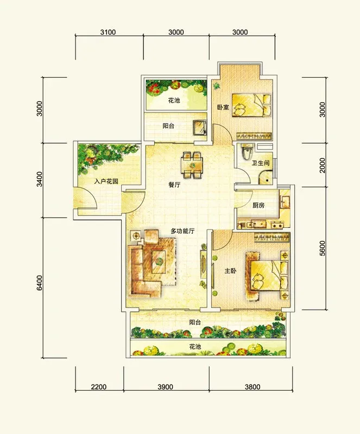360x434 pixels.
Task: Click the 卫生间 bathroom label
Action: [261, 163]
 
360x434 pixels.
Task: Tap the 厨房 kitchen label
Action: [258, 206]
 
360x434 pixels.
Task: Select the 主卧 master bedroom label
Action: [230, 271]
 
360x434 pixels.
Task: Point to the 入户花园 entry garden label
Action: [106, 182]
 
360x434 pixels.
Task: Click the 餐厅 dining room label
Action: [174, 184]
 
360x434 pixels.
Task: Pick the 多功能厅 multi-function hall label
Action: [182, 231]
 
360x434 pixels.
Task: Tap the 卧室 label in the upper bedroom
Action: [223, 107]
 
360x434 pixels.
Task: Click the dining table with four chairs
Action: [192, 165]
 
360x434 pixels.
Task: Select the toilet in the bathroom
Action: [247, 152]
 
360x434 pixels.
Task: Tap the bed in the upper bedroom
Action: [251, 105]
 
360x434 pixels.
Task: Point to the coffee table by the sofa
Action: [159, 261]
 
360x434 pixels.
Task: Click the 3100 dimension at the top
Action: [108, 32]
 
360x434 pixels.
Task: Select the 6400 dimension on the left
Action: [40, 283]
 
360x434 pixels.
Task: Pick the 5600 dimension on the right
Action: [322, 248]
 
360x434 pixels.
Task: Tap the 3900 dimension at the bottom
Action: [165, 387]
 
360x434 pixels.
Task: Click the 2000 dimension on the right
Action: [322, 165]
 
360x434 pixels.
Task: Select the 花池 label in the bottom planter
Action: [195, 347]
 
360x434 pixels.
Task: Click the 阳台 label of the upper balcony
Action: [168, 126]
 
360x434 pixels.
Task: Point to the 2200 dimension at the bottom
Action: [99, 387]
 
